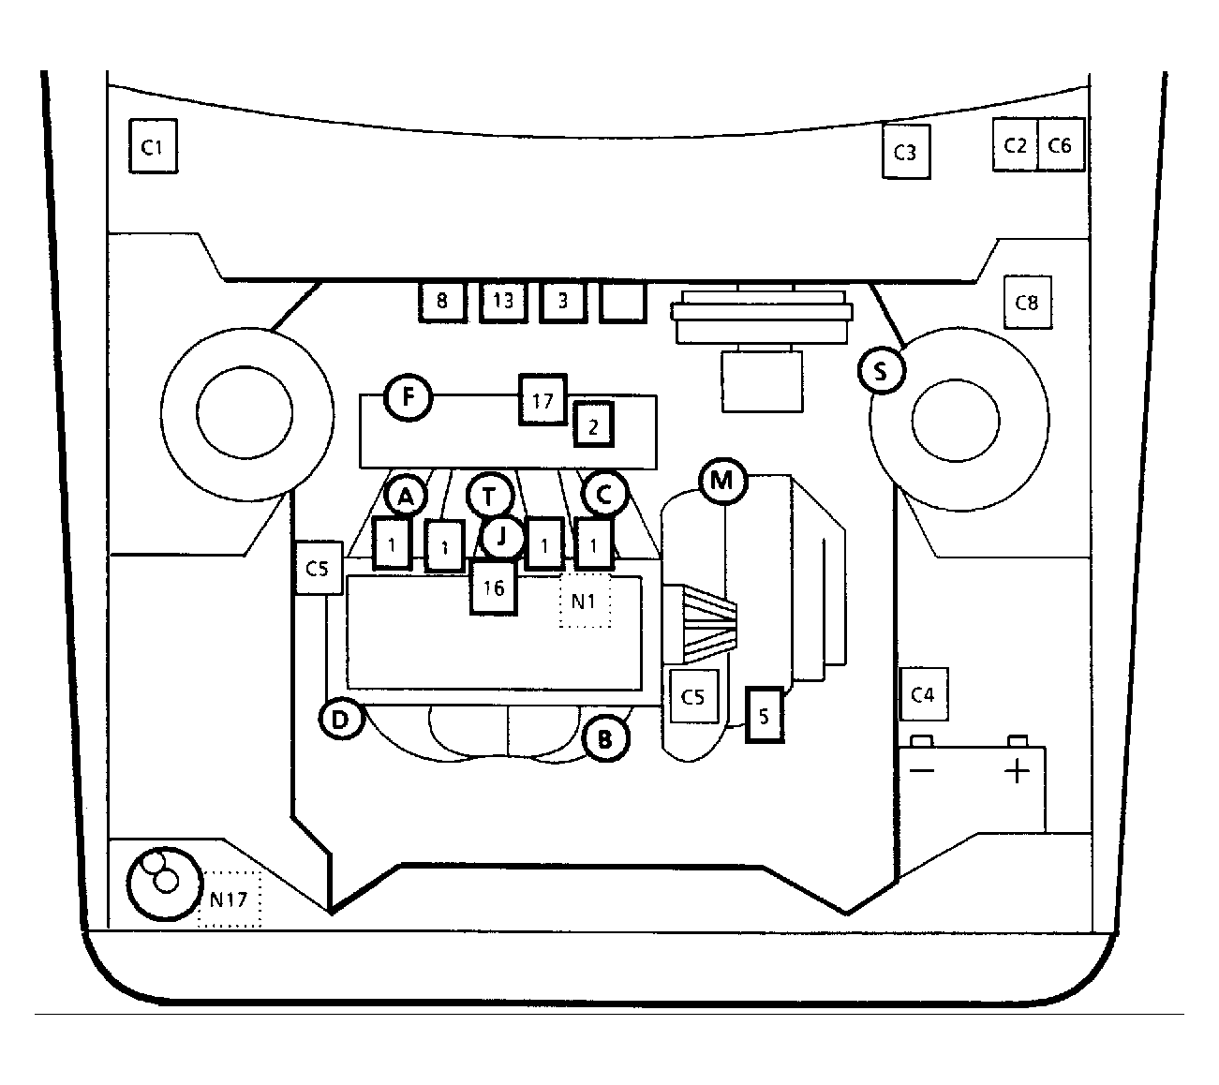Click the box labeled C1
coord(153,146)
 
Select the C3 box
coord(905,152)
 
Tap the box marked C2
coord(1015,145)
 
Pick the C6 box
coord(1060,145)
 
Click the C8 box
coord(1027,302)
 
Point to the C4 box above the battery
coord(923,694)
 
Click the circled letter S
coord(882,371)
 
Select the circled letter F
coord(408,397)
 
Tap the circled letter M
coord(722,481)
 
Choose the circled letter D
coord(341,719)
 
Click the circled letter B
coord(605,738)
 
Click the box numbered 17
coord(543,400)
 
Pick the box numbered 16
coord(494,587)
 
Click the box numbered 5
coord(765,716)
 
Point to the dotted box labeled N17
coord(230,899)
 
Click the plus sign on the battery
coord(1017,771)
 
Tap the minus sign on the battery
coord(921,770)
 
